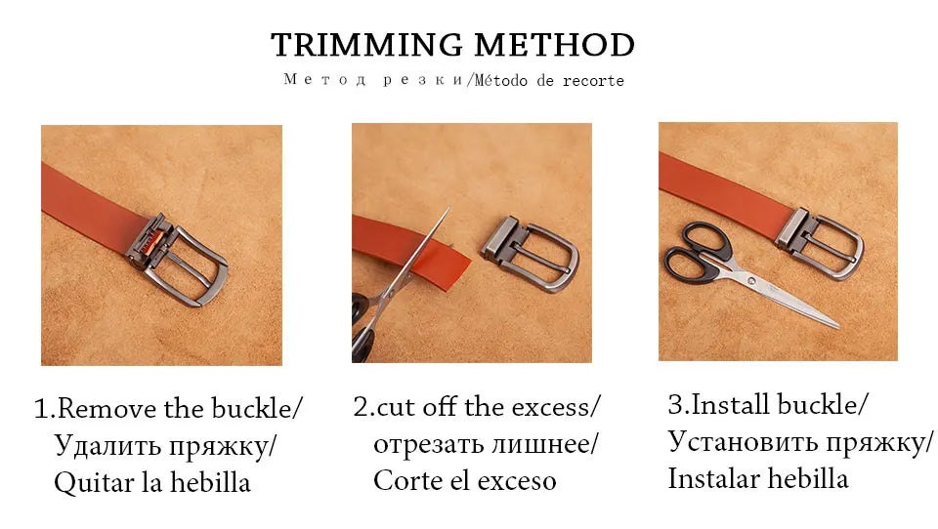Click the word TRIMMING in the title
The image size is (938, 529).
pyautogui.click(x=366, y=45)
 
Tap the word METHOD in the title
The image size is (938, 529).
pyautogui.click(x=555, y=45)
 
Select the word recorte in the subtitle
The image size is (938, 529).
pyautogui.click(x=593, y=81)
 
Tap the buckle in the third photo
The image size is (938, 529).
pyautogui.click(x=820, y=241)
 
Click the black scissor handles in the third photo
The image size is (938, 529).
pyautogui.click(x=698, y=254)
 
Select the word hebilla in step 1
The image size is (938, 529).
pyautogui.click(x=210, y=482)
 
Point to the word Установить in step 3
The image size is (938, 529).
pyautogui.click(x=743, y=442)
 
